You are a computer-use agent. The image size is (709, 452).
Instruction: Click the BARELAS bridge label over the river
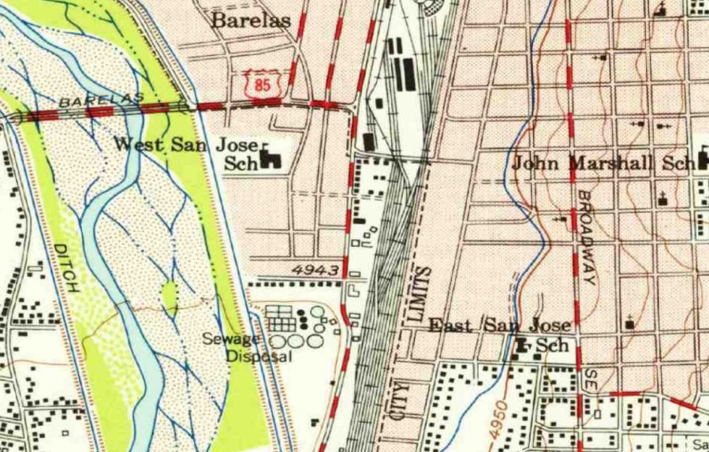point(102,99)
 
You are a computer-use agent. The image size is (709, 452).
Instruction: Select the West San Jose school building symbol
point(272,158)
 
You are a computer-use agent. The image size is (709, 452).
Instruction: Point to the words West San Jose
point(186,145)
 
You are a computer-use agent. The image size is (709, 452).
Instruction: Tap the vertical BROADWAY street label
point(586,237)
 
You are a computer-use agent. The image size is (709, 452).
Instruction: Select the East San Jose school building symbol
point(521,345)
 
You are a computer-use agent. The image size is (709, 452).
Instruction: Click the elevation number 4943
point(315,271)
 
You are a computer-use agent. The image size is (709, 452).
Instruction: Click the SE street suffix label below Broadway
point(588,380)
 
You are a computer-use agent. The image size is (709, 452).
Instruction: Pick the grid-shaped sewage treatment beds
point(282,319)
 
